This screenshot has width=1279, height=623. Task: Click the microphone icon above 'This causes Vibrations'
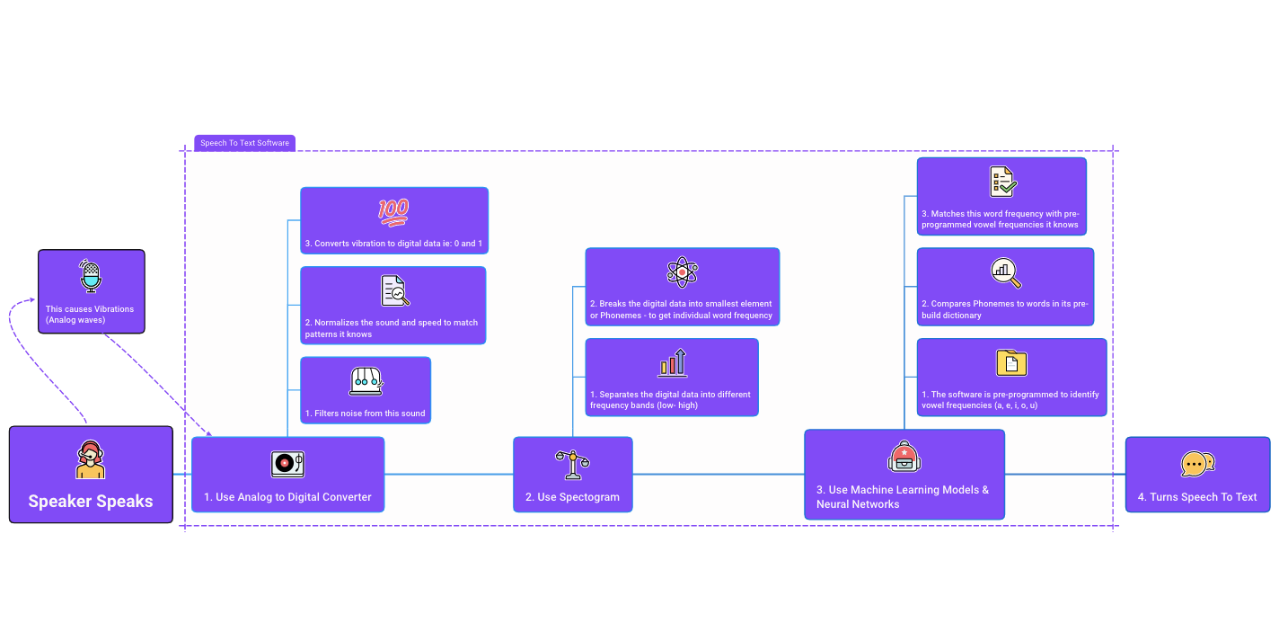click(91, 277)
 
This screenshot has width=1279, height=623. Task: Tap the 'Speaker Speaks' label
click(91, 502)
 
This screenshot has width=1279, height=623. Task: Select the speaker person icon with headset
click(91, 460)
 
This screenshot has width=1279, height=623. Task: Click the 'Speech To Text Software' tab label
click(244, 143)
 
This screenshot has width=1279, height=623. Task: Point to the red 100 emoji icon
click(393, 212)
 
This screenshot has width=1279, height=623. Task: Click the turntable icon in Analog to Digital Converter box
click(287, 464)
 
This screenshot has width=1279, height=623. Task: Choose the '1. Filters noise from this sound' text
click(366, 414)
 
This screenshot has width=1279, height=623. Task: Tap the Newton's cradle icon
click(366, 381)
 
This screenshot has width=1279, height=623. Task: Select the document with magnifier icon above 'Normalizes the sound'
click(395, 291)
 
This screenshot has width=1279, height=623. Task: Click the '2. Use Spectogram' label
click(573, 497)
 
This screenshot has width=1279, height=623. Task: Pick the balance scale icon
click(573, 464)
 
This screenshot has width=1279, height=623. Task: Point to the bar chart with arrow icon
click(673, 362)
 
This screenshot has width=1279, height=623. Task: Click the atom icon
click(683, 271)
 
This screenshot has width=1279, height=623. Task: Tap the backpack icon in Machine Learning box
click(904, 457)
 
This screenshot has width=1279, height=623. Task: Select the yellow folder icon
click(1011, 363)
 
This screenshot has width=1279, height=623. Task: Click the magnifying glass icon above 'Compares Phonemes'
click(1006, 272)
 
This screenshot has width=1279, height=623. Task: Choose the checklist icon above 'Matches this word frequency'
click(1002, 182)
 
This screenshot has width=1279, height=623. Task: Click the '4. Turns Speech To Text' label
click(1197, 497)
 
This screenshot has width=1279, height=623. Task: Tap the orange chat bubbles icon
click(1197, 464)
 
